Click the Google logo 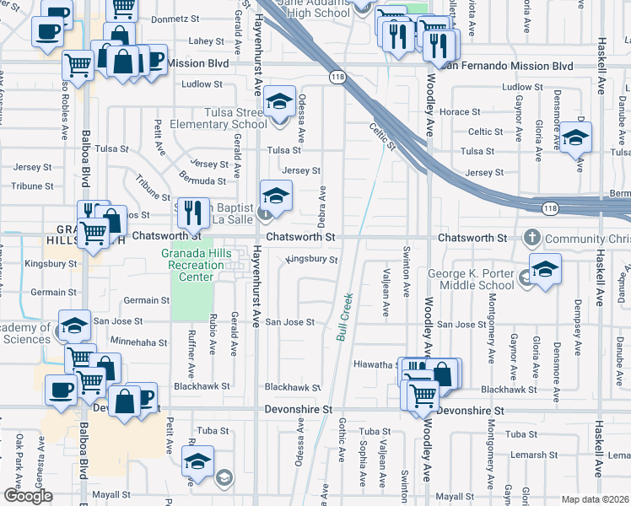pos(27,496)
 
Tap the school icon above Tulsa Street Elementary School pos(279,102)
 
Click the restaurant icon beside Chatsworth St pos(195,213)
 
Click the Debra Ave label pos(321,206)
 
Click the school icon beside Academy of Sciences pos(74,325)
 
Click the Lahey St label pos(206,40)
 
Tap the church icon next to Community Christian pos(533,237)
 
